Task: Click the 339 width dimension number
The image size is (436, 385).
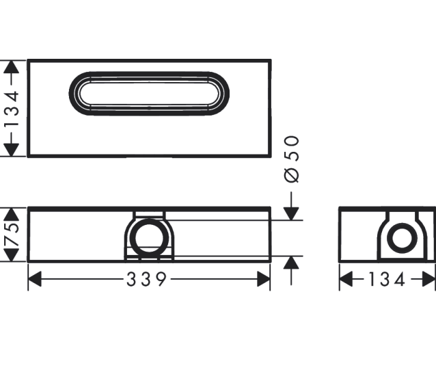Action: tap(146, 279)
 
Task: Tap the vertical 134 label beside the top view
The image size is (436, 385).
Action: tap(12, 109)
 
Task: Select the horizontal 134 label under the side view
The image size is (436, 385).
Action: tap(387, 279)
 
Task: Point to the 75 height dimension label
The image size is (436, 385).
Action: tap(12, 234)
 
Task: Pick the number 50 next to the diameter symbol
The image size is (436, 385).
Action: tap(292, 148)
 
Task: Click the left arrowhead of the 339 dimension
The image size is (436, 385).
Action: tap(35, 279)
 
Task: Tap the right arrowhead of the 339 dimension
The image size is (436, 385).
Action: tap(263, 279)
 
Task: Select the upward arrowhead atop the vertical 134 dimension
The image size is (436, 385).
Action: tap(11, 67)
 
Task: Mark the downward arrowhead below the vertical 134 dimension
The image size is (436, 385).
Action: tap(11, 150)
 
